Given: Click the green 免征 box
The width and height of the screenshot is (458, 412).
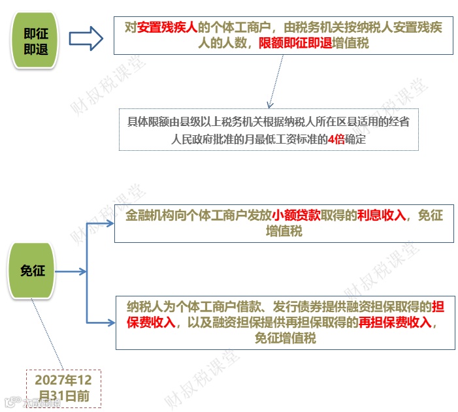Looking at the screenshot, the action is click(x=33, y=270).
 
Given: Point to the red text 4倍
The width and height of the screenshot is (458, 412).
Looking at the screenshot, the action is click(x=336, y=139).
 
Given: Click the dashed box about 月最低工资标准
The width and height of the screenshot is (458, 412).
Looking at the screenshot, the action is click(x=268, y=130).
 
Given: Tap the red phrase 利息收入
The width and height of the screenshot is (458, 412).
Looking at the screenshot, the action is click(x=382, y=215).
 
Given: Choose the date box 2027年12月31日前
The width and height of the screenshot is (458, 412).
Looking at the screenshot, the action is click(x=63, y=388).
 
